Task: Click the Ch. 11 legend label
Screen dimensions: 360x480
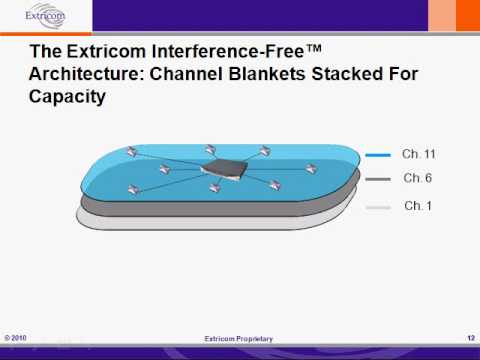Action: [419, 154]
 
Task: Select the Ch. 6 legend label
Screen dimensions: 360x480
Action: [417, 178]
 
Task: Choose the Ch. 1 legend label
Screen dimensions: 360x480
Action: [417, 205]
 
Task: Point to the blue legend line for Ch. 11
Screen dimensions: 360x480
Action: [378, 155]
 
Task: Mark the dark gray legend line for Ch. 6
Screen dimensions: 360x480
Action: [378, 180]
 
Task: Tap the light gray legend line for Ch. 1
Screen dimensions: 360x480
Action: [378, 207]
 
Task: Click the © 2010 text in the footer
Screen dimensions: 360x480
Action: [15, 338]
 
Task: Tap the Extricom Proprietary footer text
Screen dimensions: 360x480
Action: [238, 339]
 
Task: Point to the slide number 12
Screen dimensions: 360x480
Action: [469, 338]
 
